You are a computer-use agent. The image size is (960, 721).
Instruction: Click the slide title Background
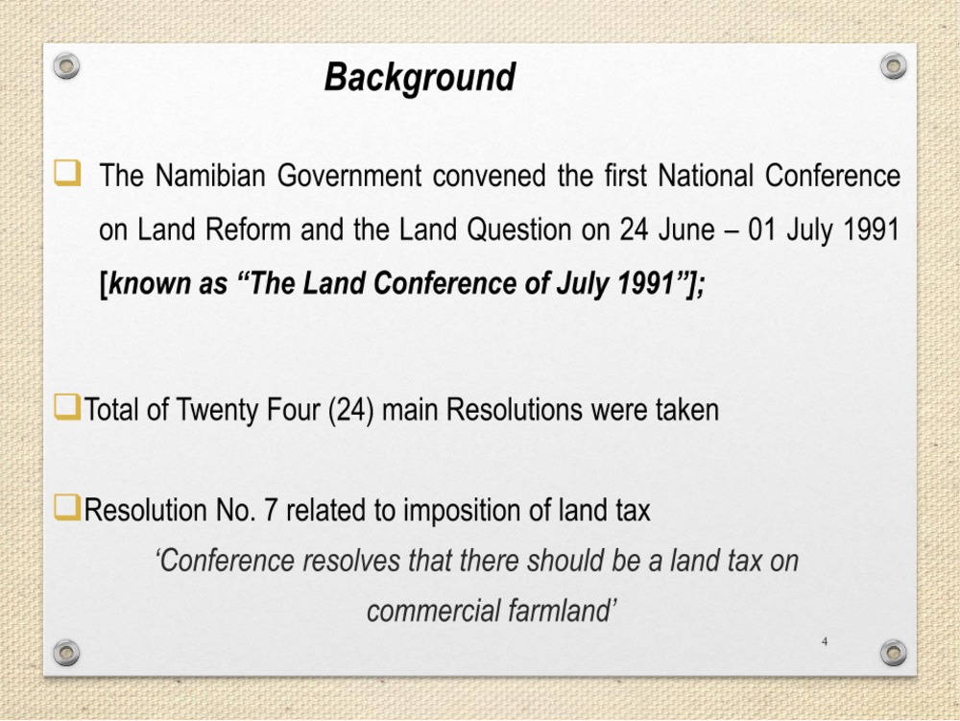420,78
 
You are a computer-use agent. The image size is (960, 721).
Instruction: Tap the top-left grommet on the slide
66,65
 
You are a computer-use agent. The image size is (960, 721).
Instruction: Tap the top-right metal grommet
893,65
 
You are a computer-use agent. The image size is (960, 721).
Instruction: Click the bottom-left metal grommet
66,653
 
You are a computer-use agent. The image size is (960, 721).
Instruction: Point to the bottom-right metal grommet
893,653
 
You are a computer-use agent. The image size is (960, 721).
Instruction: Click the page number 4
825,641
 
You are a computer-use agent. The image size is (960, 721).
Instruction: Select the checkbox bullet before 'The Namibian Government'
67,173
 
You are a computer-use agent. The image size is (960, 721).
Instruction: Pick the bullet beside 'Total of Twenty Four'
67,407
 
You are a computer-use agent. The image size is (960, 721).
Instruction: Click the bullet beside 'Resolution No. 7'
67,508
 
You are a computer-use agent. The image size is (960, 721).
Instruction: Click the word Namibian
210,176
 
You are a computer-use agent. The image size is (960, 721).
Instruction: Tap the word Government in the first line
349,176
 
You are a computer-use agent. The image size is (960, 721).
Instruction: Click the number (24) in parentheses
350,410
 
